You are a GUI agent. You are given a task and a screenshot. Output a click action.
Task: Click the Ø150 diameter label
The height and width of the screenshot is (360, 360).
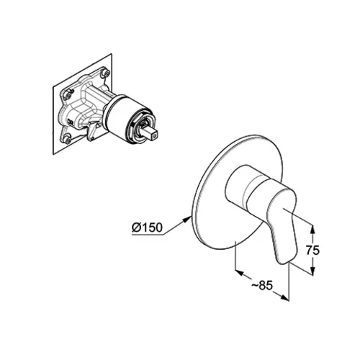147,228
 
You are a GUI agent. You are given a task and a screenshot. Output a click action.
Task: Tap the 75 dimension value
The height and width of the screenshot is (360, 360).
312,251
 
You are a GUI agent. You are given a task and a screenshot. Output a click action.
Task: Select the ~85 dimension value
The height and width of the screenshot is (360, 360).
262,286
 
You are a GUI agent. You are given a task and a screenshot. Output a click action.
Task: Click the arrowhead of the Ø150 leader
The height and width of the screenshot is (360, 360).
187,219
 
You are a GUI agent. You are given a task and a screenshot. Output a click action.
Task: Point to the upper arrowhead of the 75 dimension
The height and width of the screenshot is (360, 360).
312,230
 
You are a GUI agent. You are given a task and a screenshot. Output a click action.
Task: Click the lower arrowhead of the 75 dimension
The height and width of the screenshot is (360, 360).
312,271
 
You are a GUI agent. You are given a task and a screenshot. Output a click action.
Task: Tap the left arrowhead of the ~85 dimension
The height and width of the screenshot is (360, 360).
240,273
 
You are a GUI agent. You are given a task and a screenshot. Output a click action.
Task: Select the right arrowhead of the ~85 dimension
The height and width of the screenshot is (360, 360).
284,297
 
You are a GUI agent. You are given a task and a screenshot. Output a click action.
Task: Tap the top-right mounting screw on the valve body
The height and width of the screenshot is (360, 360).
105,72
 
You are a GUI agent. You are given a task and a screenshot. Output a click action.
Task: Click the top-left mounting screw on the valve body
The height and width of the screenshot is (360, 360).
68,95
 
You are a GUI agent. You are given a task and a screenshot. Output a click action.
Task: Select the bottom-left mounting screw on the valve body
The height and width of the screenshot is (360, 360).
68,140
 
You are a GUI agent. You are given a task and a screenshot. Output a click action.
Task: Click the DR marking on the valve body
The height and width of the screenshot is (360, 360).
71,121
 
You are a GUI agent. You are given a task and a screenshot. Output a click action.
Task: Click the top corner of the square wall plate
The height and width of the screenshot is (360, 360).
112,54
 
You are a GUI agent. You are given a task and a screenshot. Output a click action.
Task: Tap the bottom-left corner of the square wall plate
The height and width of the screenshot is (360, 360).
53,155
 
